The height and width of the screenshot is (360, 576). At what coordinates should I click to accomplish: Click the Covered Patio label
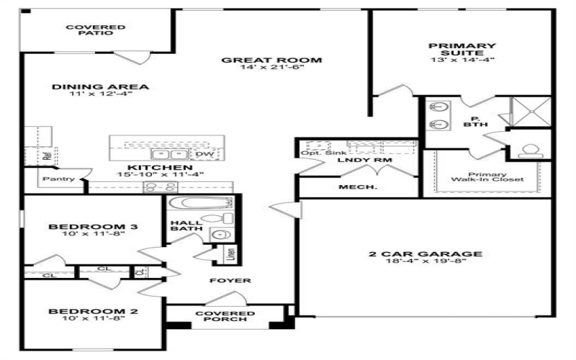(96, 30)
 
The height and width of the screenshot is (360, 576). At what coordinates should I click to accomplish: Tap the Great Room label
(271, 60)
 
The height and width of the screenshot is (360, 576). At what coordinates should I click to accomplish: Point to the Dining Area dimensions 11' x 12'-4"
(100, 94)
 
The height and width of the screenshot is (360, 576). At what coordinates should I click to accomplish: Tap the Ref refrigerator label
(46, 155)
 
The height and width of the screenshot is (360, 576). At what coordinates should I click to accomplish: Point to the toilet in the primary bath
(531, 150)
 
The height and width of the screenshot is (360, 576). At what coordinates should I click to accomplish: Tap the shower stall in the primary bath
(531, 112)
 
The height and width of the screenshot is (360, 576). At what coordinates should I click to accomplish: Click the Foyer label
(230, 280)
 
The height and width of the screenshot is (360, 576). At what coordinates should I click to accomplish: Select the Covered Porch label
(225, 317)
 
